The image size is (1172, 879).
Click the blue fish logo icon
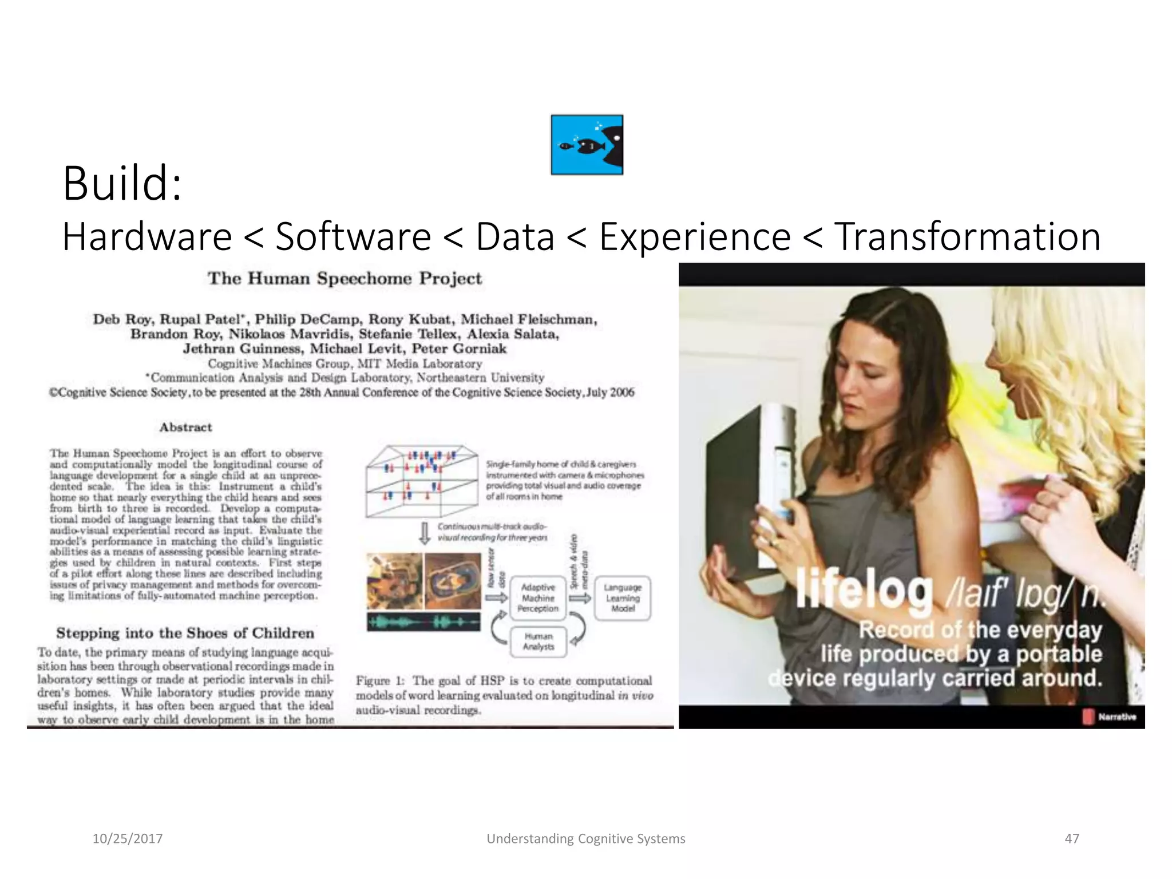(x=587, y=144)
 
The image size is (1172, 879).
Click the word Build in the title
(x=121, y=184)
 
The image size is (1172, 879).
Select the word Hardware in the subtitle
(x=147, y=236)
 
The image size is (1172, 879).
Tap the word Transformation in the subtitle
(x=967, y=236)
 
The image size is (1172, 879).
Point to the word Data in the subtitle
(x=515, y=236)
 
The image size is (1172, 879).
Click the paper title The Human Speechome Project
(x=345, y=279)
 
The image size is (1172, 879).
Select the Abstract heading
(x=185, y=427)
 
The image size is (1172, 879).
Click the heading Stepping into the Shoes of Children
(x=185, y=633)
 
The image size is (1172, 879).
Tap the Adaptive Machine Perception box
(x=538, y=598)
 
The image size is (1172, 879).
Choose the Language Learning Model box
(x=623, y=598)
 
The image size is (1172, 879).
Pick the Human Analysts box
(x=538, y=642)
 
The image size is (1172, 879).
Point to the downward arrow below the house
(x=425, y=533)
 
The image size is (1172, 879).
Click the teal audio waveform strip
(x=423, y=621)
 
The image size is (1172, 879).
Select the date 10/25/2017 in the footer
(x=128, y=838)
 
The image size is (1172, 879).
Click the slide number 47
(x=1071, y=838)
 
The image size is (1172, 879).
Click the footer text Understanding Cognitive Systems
(x=585, y=838)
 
